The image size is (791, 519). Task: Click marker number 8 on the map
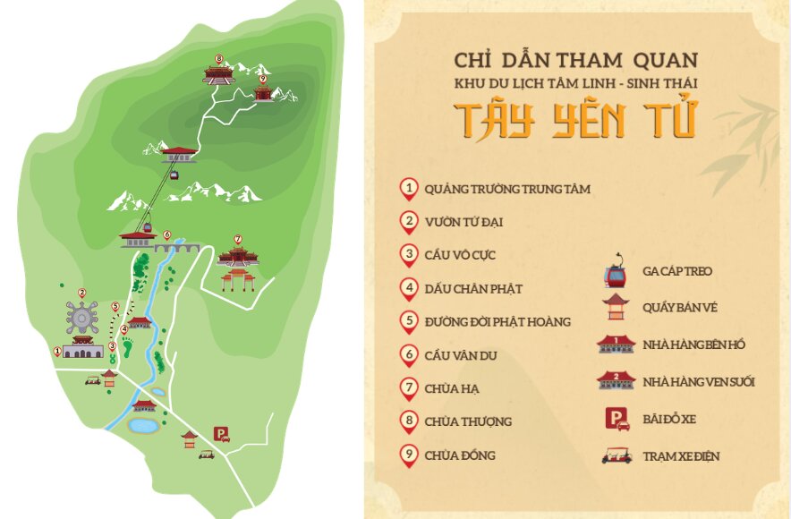(x=219, y=59)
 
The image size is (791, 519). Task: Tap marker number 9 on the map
(x=262, y=80)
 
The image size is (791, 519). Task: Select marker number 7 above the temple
(x=237, y=240)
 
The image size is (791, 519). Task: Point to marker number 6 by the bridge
(x=166, y=234)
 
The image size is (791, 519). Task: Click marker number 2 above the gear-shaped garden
(x=81, y=293)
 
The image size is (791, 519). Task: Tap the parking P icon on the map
(x=220, y=434)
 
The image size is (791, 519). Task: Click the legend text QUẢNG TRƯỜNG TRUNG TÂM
(x=507, y=189)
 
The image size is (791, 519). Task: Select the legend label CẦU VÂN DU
(x=461, y=355)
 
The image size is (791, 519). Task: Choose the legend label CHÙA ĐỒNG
(x=460, y=455)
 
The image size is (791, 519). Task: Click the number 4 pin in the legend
(x=409, y=288)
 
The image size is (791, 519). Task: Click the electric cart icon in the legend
(x=614, y=455)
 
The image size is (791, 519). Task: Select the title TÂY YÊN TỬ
(x=574, y=121)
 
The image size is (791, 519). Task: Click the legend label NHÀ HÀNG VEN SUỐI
(x=699, y=382)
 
